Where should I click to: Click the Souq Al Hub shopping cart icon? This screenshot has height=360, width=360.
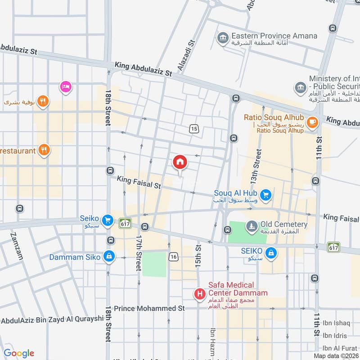pyautogui.click(x=266, y=195)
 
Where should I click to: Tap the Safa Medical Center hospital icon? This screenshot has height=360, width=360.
pyautogui.click(x=199, y=294)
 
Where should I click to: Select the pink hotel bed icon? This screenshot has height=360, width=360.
pyautogui.click(x=66, y=86)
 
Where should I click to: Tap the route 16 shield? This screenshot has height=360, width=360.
pyautogui.click(x=174, y=256)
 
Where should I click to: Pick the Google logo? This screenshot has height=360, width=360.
pyautogui.click(x=19, y=353)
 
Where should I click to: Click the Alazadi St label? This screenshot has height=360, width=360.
pyautogui.click(x=186, y=56)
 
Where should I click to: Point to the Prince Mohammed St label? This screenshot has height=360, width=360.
pyautogui.click(x=149, y=309)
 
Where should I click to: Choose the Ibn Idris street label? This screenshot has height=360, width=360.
pyautogui.click(x=335, y=336)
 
